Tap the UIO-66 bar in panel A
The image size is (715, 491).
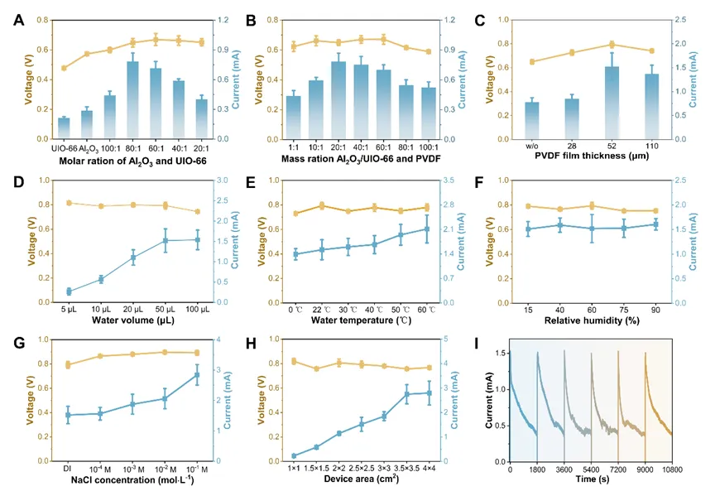(64, 128)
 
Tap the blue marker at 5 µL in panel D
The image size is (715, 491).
(69, 291)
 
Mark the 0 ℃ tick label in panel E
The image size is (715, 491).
(295, 309)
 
